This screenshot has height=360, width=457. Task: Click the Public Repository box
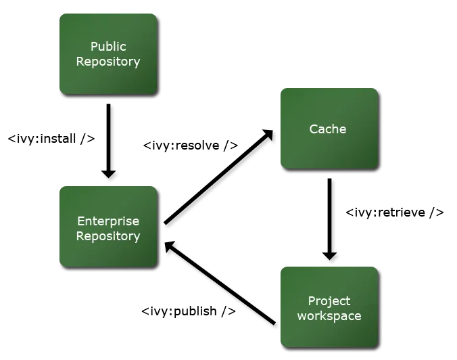[x=108, y=53]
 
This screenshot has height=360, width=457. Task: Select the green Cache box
[x=329, y=128]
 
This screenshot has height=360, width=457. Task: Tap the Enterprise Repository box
[x=108, y=226]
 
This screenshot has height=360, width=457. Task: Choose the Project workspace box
[x=329, y=307]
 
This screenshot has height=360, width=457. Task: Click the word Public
[x=108, y=47]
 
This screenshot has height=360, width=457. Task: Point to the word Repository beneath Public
[x=108, y=62]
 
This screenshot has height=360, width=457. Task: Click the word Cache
[x=328, y=129]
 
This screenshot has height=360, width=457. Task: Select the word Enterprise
[x=108, y=221]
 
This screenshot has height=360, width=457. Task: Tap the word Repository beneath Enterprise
[x=108, y=236]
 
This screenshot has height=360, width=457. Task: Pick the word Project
[x=329, y=301]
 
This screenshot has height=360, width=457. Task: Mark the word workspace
[x=329, y=316]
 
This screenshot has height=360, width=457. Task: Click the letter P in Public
[x=94, y=47]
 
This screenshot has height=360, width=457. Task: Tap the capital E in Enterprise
[x=80, y=221]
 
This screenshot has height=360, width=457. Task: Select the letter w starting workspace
[x=302, y=317]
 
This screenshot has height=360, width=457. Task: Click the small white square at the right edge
[x=448, y=211]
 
